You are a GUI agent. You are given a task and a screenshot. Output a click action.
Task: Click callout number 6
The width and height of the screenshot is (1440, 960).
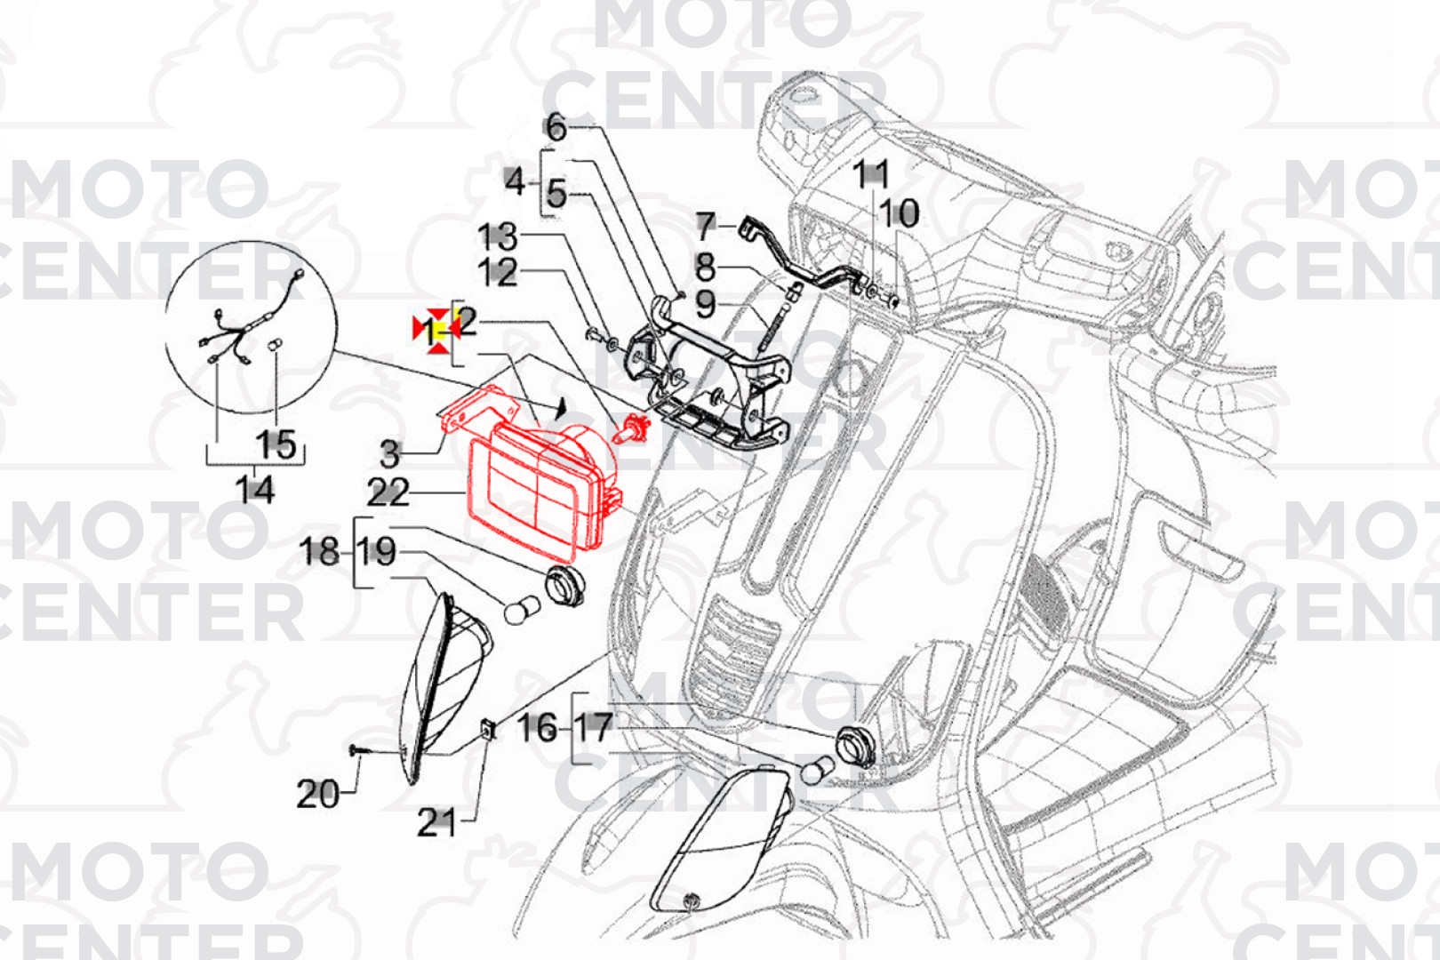click(556, 127)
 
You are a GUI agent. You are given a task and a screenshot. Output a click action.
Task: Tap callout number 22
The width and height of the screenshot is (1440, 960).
click(388, 492)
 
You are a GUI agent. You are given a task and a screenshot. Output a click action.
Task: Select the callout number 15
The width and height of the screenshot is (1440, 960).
click(276, 445)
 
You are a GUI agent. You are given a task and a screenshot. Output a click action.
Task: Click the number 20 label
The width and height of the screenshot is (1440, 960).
click(317, 794)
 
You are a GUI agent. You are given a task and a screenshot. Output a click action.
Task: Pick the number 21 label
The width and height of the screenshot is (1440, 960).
click(436, 823)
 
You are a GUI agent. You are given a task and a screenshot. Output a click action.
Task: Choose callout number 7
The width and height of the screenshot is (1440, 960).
click(705, 226)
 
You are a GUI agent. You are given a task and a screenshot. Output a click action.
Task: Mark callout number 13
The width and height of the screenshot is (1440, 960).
click(497, 236)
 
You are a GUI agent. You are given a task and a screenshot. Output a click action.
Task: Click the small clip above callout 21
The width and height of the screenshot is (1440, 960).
click(488, 729)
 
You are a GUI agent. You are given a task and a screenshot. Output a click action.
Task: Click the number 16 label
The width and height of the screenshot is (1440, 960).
click(537, 728)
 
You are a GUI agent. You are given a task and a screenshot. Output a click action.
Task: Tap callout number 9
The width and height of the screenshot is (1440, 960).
click(705, 304)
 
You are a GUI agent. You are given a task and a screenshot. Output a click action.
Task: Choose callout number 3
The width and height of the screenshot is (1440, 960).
click(389, 454)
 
